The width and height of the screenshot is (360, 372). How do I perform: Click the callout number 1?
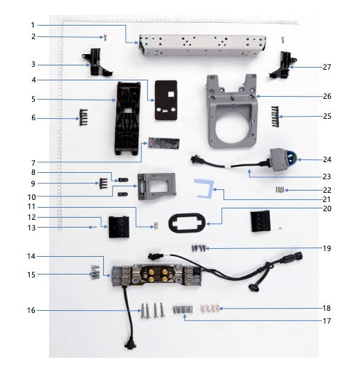(x=33, y=25)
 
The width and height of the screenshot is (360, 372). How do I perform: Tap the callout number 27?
(x=327, y=67)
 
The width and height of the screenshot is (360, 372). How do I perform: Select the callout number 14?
(x=31, y=257)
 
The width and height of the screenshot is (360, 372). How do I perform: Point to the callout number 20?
(x=327, y=208)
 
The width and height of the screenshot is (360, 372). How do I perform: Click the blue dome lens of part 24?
(x=292, y=158)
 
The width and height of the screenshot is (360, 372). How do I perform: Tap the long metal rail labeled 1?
(x=202, y=46)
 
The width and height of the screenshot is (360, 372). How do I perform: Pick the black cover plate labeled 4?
(x=166, y=100)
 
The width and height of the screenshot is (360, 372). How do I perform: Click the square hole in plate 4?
(x=171, y=95)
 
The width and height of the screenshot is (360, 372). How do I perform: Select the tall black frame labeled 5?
(x=127, y=118)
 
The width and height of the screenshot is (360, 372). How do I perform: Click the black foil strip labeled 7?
(x=164, y=143)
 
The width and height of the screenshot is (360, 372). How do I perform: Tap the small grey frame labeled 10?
(x=157, y=186)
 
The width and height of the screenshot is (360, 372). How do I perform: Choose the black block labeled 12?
(x=119, y=227)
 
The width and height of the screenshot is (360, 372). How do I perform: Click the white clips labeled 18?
(x=211, y=308)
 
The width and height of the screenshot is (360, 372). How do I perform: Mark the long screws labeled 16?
(x=152, y=310)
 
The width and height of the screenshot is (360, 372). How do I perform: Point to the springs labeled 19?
(x=198, y=248)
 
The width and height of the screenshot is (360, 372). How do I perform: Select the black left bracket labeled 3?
(x=97, y=62)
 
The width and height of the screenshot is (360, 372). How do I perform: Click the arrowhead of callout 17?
(x=184, y=316)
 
